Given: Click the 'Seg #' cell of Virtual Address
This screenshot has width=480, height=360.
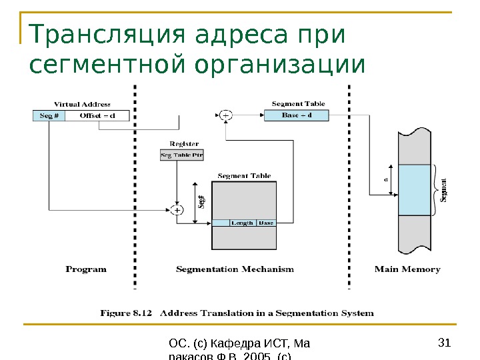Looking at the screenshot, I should pyautogui.click(x=49, y=115).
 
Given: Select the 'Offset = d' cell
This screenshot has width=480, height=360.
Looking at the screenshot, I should pyautogui.click(x=97, y=115).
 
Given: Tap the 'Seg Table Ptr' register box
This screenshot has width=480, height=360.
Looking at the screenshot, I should pyautogui.click(x=182, y=155).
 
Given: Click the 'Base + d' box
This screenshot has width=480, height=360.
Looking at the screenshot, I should pyautogui.click(x=297, y=115).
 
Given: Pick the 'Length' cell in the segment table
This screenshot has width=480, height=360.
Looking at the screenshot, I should pyautogui.click(x=242, y=223).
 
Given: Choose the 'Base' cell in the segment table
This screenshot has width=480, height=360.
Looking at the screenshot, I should pyautogui.click(x=266, y=223).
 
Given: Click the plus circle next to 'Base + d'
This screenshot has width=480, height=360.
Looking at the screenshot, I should pyautogui.click(x=226, y=115).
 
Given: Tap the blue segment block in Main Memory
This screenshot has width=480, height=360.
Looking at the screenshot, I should pyautogui.click(x=415, y=190).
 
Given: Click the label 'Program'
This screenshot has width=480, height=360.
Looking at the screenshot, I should pyautogui.click(x=86, y=269).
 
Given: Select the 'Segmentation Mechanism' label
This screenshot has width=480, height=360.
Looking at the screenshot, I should pyautogui.click(x=235, y=269).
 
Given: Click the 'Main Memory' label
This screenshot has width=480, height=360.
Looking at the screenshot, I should pyautogui.click(x=407, y=269).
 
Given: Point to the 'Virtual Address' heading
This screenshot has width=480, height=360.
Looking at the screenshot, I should pyautogui.click(x=82, y=104).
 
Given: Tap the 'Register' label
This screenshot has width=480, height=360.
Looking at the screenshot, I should pyautogui.click(x=184, y=144).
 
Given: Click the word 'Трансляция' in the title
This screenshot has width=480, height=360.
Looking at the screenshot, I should pyautogui.click(x=108, y=36).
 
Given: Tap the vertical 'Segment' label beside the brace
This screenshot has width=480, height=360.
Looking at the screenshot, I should pyautogui.click(x=444, y=189).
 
